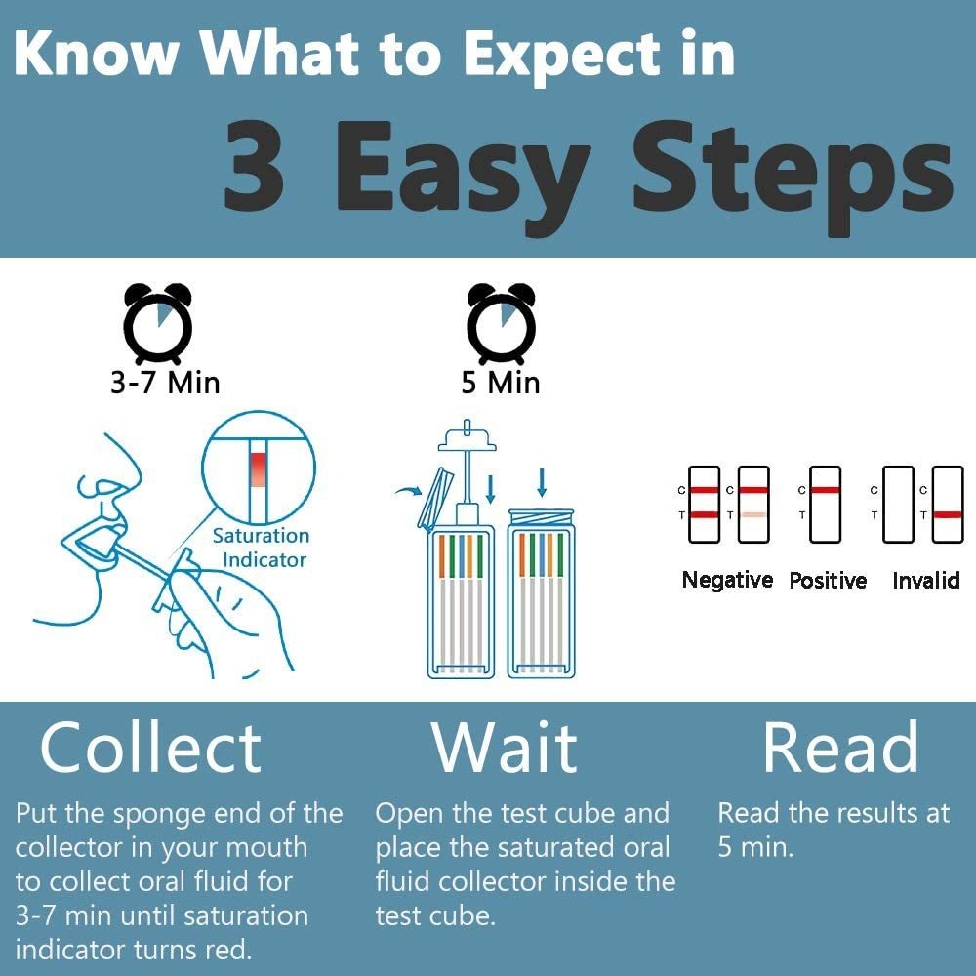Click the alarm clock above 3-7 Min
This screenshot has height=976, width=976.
pos(158,323)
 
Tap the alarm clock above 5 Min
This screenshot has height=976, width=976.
pos(501,323)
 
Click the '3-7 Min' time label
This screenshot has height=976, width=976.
pos(165,383)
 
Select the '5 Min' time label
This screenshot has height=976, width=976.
pos(501,383)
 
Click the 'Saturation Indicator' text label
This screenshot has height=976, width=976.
pos(261,548)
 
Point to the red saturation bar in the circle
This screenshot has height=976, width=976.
pos(259,469)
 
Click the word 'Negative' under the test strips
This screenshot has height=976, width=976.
pos(727,580)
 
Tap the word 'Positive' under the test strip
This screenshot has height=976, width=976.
pos(828,580)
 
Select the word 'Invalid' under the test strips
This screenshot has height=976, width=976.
pos(925,580)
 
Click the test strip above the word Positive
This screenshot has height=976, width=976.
pos(826,505)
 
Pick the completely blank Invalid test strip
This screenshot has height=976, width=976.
pos(899,505)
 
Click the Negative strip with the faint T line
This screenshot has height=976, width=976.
pos(753,505)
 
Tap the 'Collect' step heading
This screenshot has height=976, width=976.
pos(150,748)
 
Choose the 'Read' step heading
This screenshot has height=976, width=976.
pos(841,747)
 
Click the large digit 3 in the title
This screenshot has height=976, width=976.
pos(254,165)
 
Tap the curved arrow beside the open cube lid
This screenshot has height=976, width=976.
pos(410,492)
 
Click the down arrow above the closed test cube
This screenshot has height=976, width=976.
pos(542,482)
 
